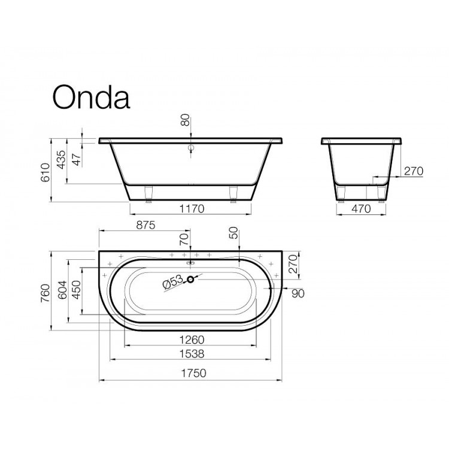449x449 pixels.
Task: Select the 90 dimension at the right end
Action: click(x=298, y=293)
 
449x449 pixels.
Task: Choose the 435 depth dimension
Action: click(x=60, y=160)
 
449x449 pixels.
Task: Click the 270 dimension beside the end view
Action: click(x=413, y=171)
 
